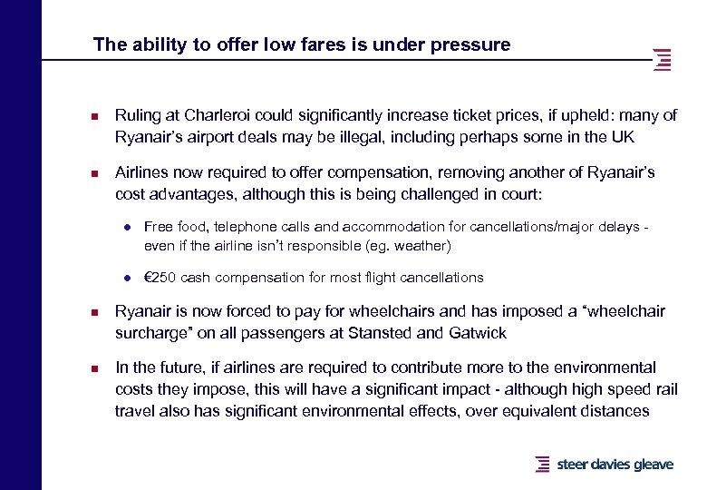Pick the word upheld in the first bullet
543,115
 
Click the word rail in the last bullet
662,389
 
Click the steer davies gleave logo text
615,465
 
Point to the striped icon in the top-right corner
663,60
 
